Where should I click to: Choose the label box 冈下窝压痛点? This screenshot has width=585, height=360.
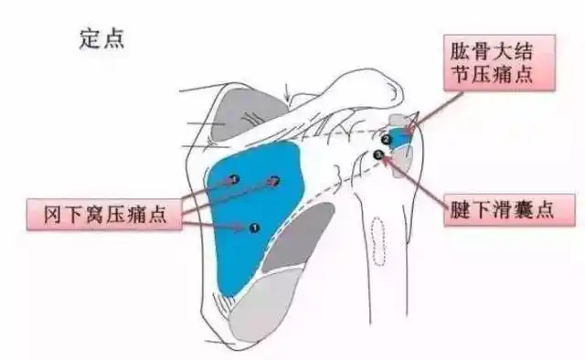tap(101, 217)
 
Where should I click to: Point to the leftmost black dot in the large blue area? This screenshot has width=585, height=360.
tap(233, 179)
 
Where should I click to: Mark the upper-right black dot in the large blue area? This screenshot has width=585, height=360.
tap(274, 182)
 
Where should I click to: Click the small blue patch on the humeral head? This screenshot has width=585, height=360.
tap(399, 137)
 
